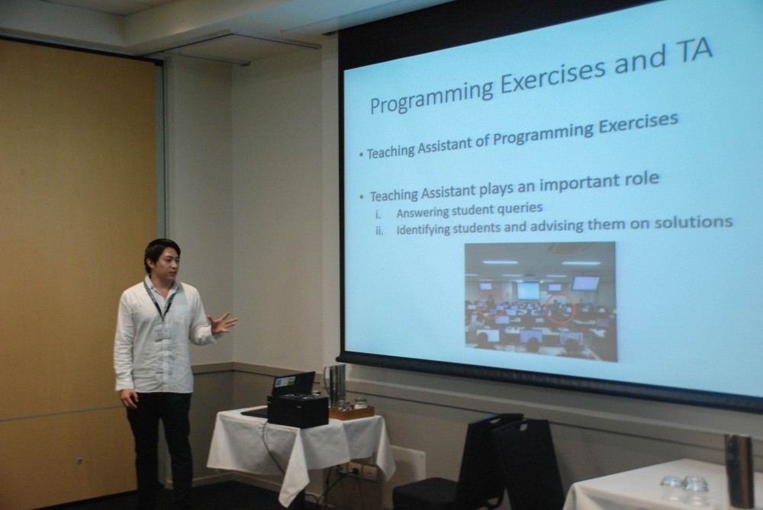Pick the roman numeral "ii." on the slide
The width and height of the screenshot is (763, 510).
(x=379, y=231)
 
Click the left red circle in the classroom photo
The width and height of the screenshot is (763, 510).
(x=491, y=305)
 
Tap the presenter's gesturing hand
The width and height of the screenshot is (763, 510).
(x=222, y=322)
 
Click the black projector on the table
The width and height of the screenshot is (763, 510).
(x=298, y=410)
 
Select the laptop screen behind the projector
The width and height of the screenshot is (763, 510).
(x=293, y=383)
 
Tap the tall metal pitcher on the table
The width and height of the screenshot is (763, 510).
(x=336, y=385)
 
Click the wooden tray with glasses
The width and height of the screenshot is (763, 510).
(x=351, y=412)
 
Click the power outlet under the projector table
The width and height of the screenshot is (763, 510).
(x=361, y=470)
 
